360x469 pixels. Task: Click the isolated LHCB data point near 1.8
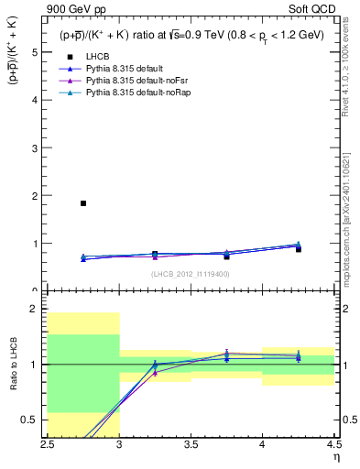(x=83, y=203)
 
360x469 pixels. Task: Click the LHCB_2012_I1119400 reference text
(x=191, y=274)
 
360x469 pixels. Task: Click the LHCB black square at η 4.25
(x=298, y=249)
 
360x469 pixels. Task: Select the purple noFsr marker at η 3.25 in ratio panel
(x=155, y=373)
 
